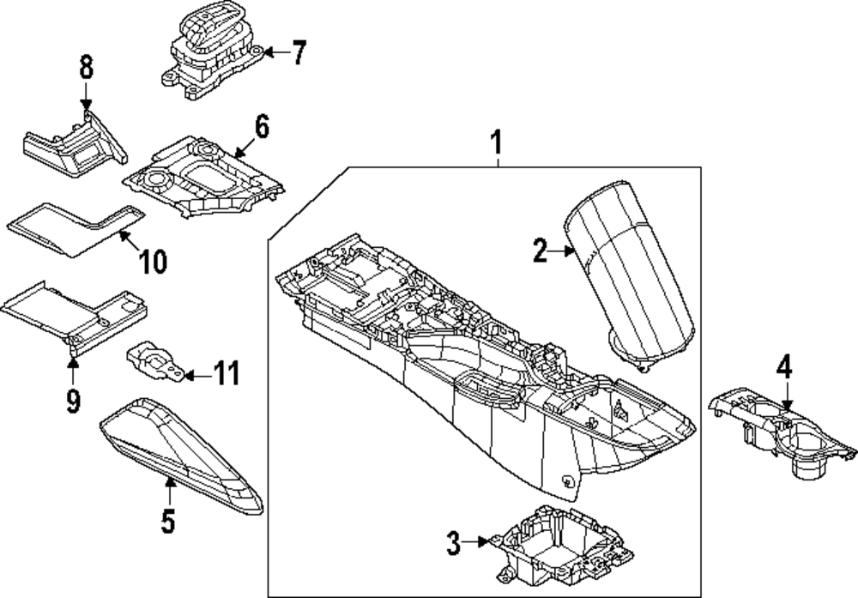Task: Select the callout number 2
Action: [x=540, y=251]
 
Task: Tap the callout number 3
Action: [x=454, y=541]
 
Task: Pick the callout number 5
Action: [x=168, y=519]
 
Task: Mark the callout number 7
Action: [x=297, y=53]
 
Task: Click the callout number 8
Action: [x=86, y=69]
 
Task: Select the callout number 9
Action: [x=73, y=399]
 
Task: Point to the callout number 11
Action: [x=227, y=374]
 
